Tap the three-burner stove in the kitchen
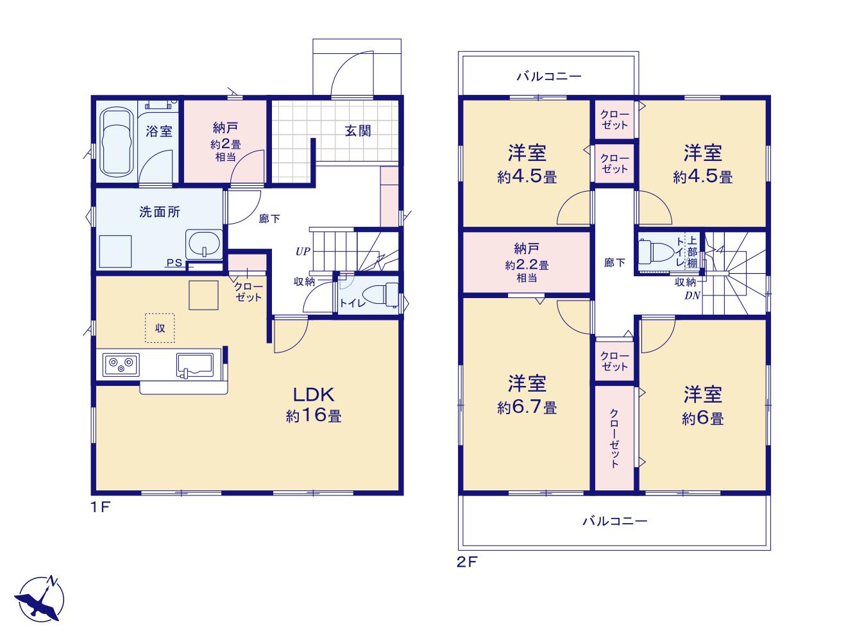pyautogui.click(x=121, y=364)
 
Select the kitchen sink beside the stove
pyautogui.click(x=195, y=365)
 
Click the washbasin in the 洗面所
pyautogui.click(x=204, y=244)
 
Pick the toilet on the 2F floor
pyautogui.click(x=656, y=252)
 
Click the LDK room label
pyautogui.click(x=313, y=395)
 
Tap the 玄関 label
pyautogui.click(x=357, y=131)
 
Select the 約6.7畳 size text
pyautogui.click(x=527, y=408)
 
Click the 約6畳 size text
pyautogui.click(x=703, y=419)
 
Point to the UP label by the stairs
pyautogui.click(x=303, y=251)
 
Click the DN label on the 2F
pyautogui.click(x=692, y=296)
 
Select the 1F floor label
pyautogui.click(x=101, y=508)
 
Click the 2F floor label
pyautogui.click(x=467, y=562)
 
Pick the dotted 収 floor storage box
pyautogui.click(x=160, y=328)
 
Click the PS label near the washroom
pyautogui.click(x=174, y=263)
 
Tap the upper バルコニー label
pyautogui.click(x=549, y=76)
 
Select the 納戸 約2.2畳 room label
pyautogui.click(x=527, y=262)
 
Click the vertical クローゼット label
pyautogui.click(x=614, y=438)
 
